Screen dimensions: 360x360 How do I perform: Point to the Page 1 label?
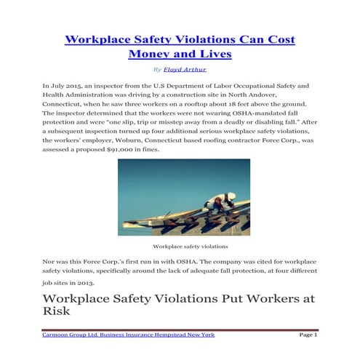(x=308, y=334)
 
